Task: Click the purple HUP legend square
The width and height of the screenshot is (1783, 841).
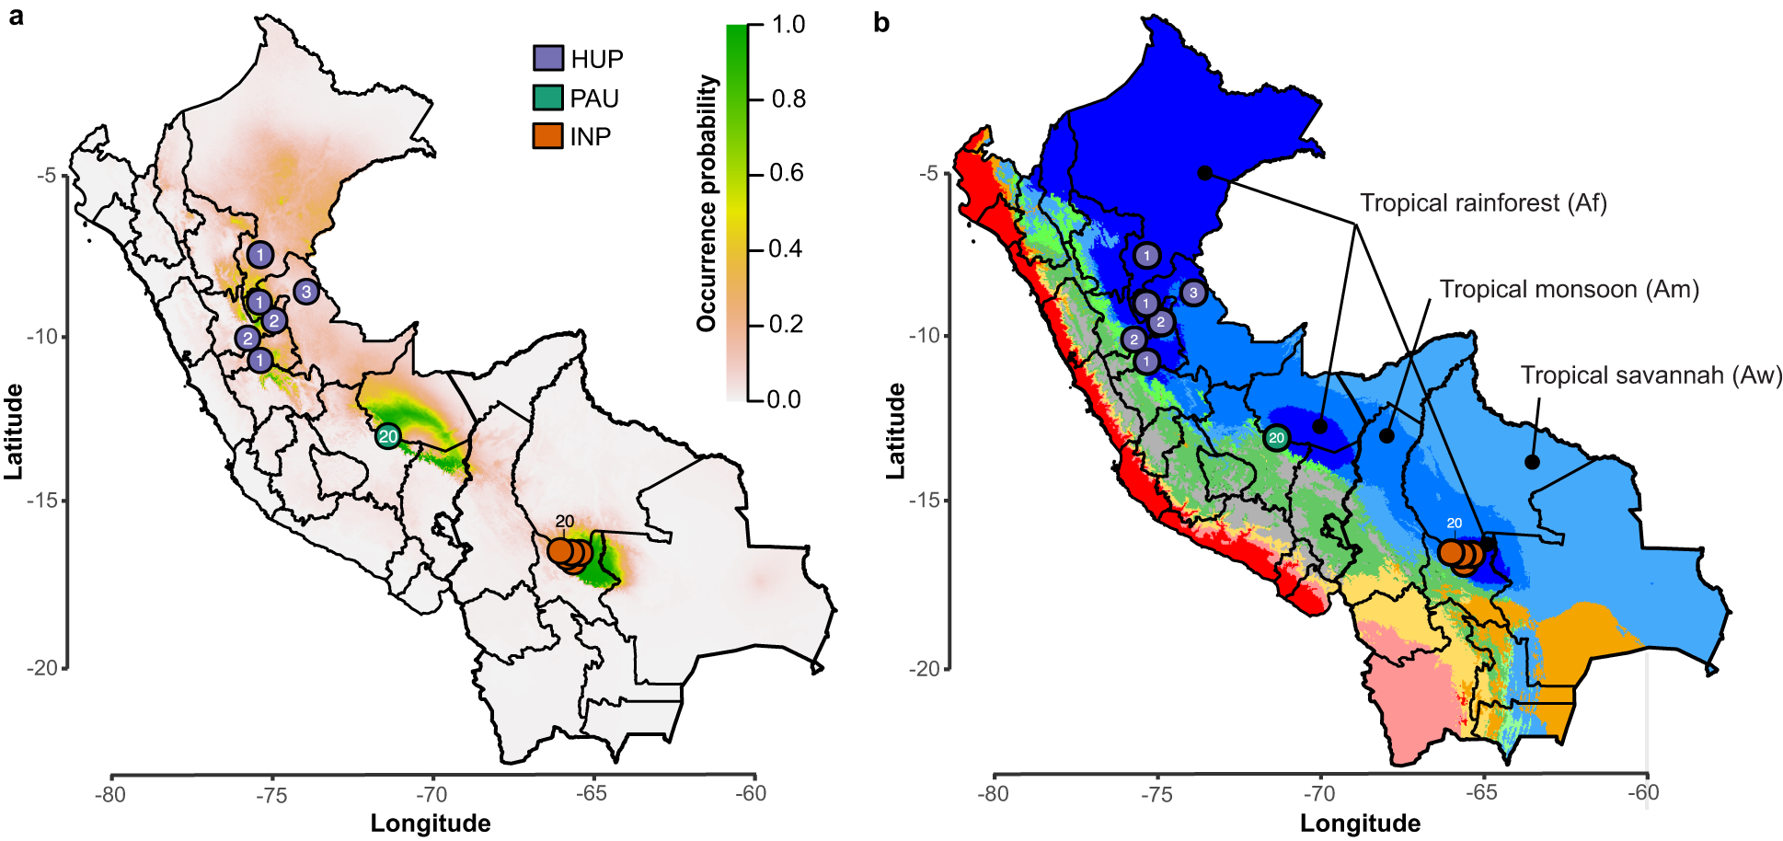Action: coord(548,58)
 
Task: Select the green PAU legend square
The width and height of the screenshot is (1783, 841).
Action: coord(548,98)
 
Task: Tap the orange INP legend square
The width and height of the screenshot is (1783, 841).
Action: coord(548,136)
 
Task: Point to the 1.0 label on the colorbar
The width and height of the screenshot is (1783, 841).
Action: coord(788,24)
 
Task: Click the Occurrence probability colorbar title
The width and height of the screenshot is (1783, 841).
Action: coord(707,203)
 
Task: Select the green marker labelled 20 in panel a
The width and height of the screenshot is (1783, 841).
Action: coord(388,436)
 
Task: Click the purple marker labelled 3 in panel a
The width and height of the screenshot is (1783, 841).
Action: coord(306,292)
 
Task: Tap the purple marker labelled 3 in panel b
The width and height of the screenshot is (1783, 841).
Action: coord(1193,293)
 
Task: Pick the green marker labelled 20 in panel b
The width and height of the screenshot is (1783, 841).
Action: coord(1276,438)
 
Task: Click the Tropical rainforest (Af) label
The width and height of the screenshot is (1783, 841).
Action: coord(1483,202)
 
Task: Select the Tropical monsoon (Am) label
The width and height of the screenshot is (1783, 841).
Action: coord(1569,289)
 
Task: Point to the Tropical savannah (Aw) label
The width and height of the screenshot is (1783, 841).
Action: coord(1651,374)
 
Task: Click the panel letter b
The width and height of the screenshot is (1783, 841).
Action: coord(881,22)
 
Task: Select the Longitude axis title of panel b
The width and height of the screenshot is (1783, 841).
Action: coord(1359,823)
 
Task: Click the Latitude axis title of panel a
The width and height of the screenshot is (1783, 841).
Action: coord(13,431)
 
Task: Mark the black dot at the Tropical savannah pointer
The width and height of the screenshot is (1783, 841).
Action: coord(1532,462)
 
